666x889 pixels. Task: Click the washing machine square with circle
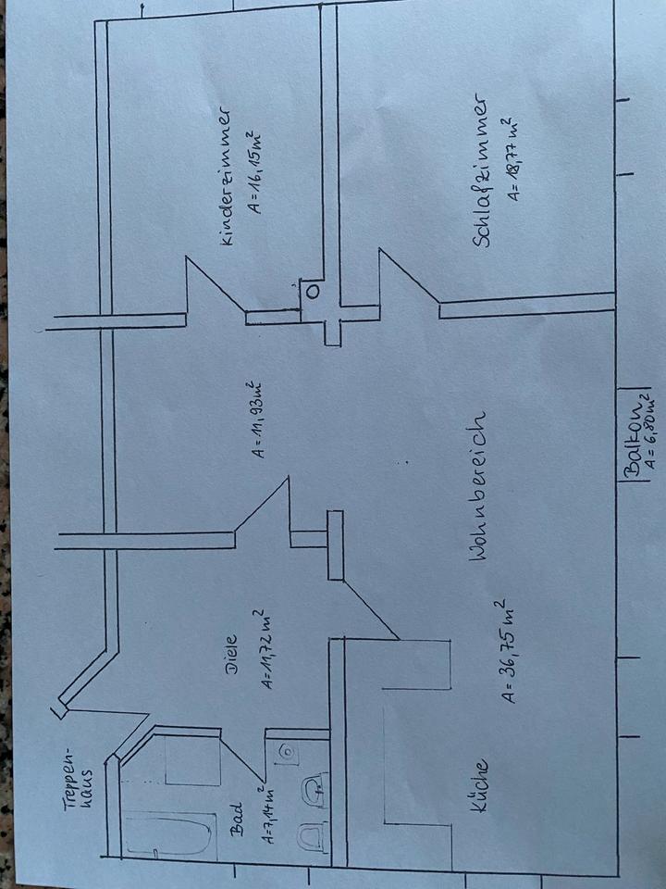pos(286,750)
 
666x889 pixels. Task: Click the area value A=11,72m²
pos(263,648)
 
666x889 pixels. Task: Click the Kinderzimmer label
pos(226,176)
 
